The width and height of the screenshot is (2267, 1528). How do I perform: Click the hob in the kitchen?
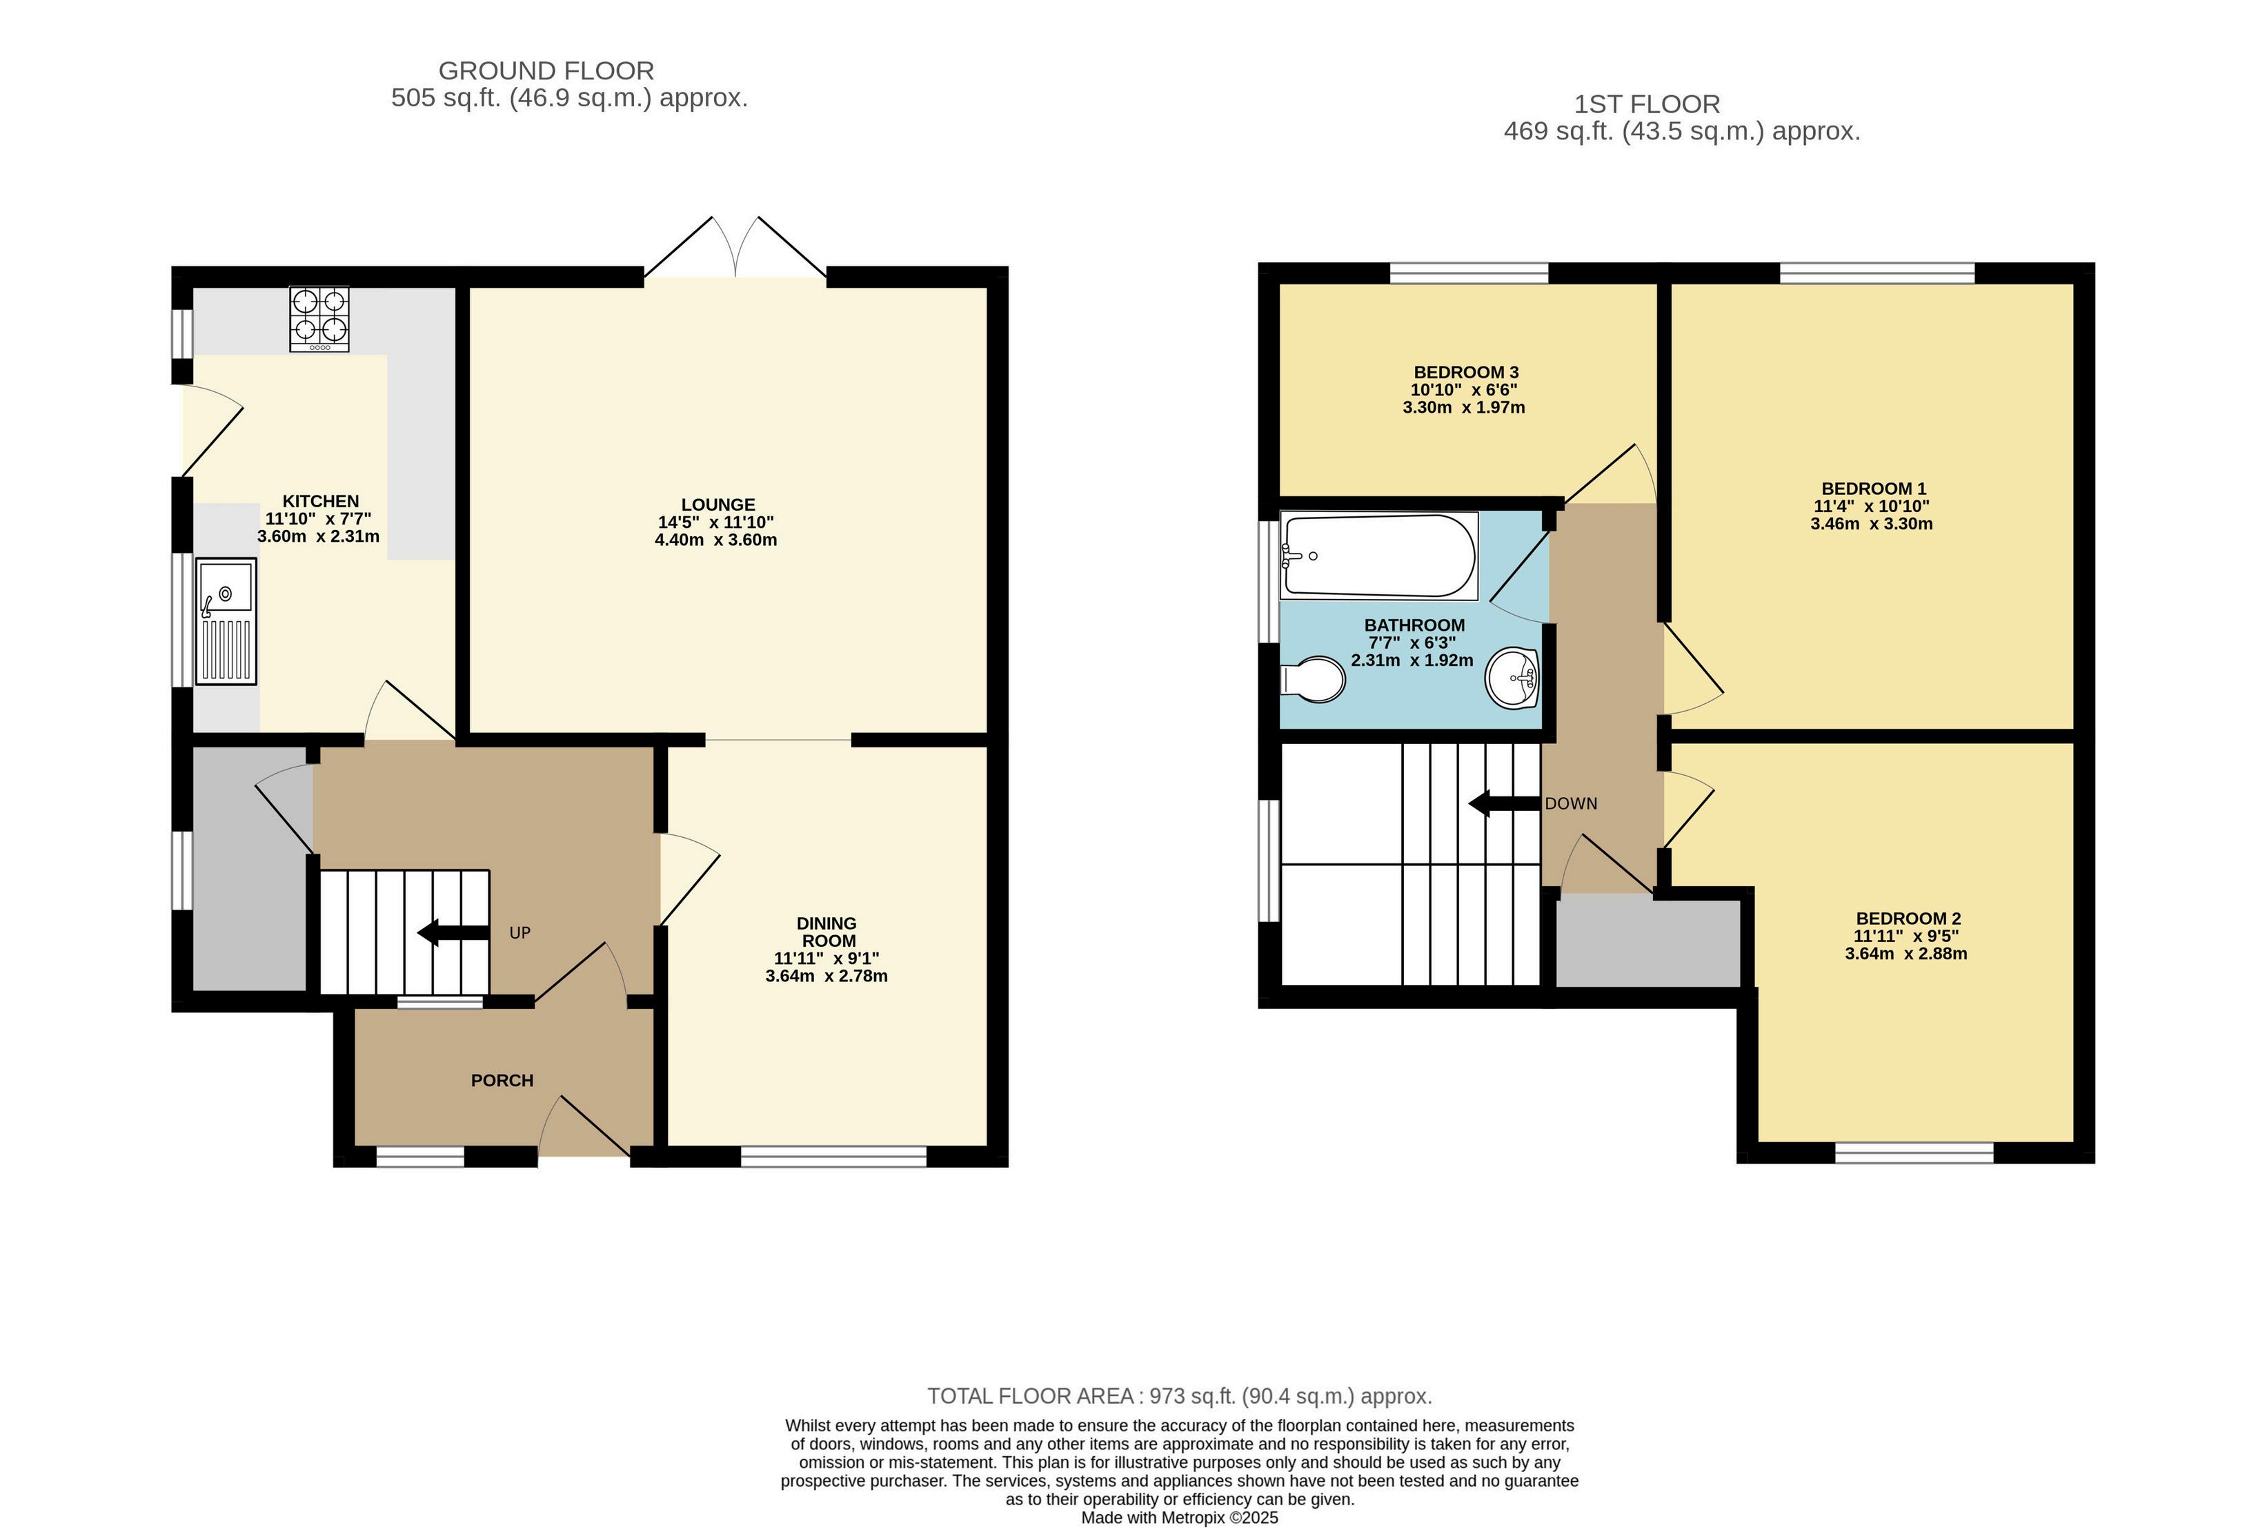click(x=319, y=319)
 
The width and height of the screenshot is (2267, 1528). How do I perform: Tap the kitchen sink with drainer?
click(x=226, y=620)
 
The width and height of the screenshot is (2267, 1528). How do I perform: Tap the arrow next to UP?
click(x=453, y=932)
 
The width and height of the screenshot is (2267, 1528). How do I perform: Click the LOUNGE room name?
click(x=718, y=505)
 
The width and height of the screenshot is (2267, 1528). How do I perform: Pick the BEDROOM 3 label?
click(x=1466, y=372)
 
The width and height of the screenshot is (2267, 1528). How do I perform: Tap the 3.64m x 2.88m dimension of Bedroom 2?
click(x=1905, y=954)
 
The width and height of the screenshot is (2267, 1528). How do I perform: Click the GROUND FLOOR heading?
click(x=546, y=71)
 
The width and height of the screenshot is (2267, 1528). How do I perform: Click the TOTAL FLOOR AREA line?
click(x=1180, y=1396)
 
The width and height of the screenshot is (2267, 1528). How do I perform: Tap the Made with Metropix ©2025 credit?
click(x=1180, y=1517)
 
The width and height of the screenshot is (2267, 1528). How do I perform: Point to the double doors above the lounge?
click(x=735, y=248)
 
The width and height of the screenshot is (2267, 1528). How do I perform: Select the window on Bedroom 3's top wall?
click(x=1468, y=273)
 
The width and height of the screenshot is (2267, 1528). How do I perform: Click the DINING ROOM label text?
click(x=827, y=932)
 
